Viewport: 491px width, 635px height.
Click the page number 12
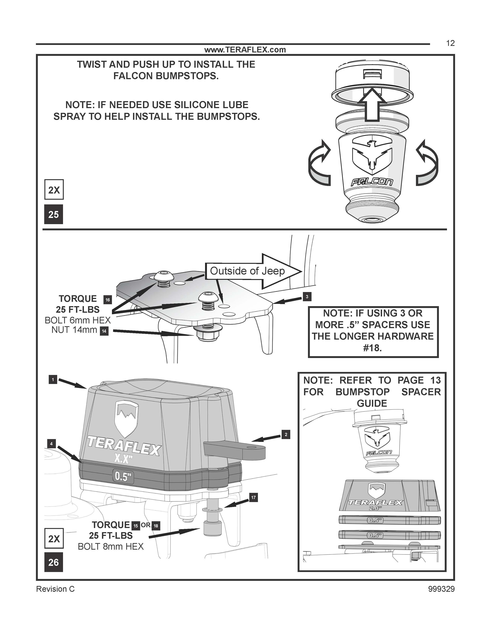click(x=450, y=43)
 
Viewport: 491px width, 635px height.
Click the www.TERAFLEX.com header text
click(x=245, y=50)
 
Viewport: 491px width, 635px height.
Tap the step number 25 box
click(x=54, y=214)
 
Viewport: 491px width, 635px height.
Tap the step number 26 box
click(x=54, y=562)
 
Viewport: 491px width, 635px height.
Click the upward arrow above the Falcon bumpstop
click(x=372, y=105)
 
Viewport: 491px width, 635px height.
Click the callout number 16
click(x=108, y=300)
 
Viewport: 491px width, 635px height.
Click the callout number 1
click(x=53, y=379)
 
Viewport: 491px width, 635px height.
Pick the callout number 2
click(x=286, y=435)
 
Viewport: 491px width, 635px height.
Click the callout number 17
click(x=253, y=498)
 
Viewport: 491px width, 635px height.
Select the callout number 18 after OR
click(x=156, y=526)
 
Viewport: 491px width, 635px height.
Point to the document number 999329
click(x=441, y=589)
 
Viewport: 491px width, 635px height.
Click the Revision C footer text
click(x=55, y=589)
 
